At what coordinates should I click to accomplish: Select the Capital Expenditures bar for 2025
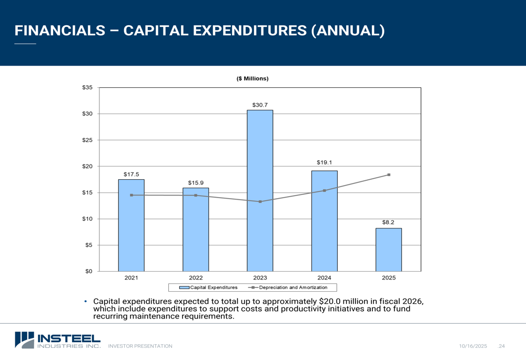389,250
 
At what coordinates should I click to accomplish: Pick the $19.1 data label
324,162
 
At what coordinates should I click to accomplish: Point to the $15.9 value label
196,182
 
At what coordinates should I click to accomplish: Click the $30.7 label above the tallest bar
260,105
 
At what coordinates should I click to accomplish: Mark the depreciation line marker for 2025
389,174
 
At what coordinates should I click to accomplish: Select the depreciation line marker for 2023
260,201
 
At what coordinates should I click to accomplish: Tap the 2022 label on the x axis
196,277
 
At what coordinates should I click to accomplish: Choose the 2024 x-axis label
324,277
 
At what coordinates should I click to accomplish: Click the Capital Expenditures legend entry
208,287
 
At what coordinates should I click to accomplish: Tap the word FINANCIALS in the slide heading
59,30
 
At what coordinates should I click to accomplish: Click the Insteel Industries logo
57,340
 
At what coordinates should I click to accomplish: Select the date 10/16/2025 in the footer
473,346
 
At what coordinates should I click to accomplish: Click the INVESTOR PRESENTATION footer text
140,346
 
